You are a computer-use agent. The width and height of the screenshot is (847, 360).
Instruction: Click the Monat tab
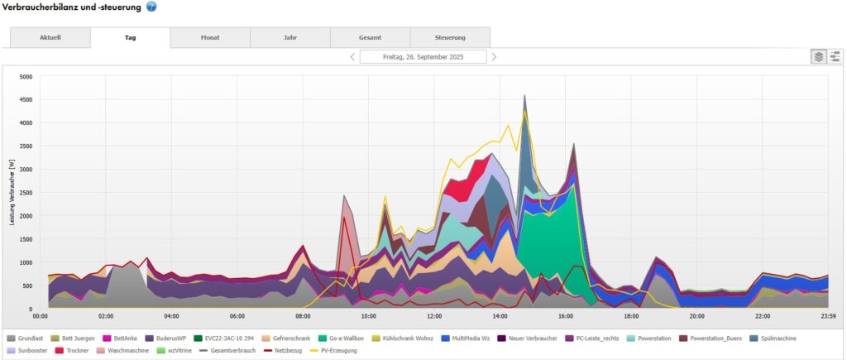210,37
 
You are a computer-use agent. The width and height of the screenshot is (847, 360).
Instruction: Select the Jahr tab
290,37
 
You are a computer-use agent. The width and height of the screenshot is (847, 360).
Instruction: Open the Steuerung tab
450,37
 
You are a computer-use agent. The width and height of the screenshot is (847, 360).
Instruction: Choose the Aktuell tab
50,37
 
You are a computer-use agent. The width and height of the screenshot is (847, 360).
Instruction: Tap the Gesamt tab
370,37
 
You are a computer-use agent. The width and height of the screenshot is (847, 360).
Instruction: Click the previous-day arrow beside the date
352,57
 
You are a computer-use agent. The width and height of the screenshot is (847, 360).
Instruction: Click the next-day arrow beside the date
495,57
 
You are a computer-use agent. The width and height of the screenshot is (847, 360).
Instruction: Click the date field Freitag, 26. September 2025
423,57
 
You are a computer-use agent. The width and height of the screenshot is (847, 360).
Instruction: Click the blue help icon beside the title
151,7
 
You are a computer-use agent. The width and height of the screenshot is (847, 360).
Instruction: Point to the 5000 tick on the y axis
26,77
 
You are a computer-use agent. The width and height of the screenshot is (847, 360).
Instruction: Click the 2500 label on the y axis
26,193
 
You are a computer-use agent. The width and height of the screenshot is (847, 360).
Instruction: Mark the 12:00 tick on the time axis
434,316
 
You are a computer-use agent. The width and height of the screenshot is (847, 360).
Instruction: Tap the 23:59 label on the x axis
828,316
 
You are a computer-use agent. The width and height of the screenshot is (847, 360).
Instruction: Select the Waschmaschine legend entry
128,350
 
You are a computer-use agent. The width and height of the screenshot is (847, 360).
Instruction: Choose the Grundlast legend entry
31,338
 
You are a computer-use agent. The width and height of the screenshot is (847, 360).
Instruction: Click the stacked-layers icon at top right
818,56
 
